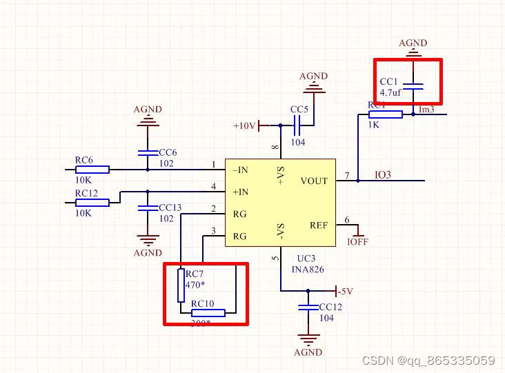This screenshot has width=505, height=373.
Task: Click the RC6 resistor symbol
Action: [x=92, y=169]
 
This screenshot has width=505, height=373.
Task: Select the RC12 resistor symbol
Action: [x=92, y=203]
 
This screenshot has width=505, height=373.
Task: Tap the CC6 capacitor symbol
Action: [x=147, y=152]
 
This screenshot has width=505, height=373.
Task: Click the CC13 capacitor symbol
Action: [x=147, y=208]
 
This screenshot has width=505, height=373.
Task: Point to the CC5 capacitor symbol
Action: [x=299, y=125]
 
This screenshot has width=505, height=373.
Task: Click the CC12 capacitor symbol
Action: [x=308, y=307]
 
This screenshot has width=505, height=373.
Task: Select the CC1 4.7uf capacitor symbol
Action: [x=413, y=86]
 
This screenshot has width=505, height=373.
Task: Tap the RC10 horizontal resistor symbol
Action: [x=208, y=312]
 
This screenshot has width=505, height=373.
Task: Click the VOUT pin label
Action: [x=315, y=181]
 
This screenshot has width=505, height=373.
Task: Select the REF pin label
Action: [x=319, y=225]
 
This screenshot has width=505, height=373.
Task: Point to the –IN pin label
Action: [x=240, y=170]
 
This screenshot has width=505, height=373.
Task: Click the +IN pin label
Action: [x=240, y=192]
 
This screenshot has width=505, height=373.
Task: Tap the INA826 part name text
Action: [x=308, y=270]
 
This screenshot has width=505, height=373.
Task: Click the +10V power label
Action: [x=245, y=126]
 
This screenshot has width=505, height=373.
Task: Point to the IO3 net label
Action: [x=382, y=175]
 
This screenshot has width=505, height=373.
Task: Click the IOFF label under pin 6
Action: [x=357, y=242]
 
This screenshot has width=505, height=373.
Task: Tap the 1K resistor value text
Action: [x=373, y=125]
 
